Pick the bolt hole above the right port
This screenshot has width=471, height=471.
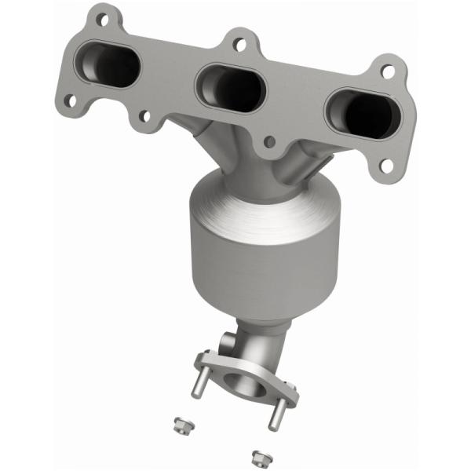tap(386, 71)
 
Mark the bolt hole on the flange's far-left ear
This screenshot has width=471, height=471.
tap(70, 100)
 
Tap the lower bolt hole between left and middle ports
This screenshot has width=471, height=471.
tap(144, 118)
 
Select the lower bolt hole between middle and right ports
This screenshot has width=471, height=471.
tap(270, 143)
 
